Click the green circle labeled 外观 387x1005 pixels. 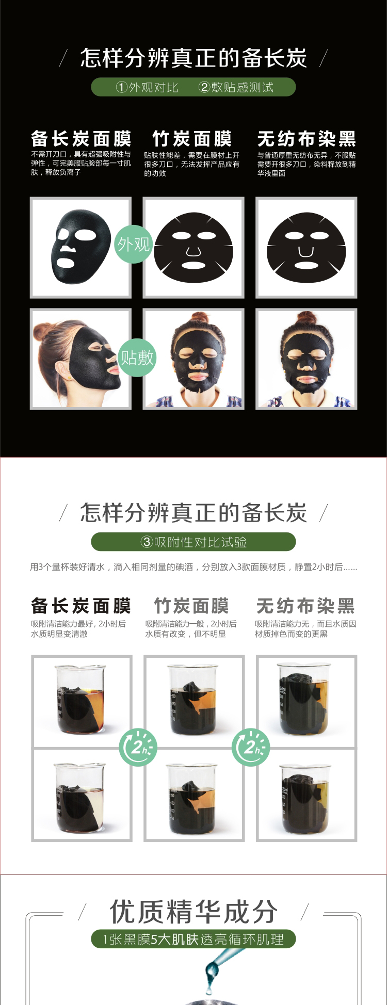pyautogui.click(x=133, y=244)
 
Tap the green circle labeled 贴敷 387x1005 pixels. pyautogui.click(x=137, y=357)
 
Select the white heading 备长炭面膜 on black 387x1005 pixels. pyautogui.click(x=81, y=139)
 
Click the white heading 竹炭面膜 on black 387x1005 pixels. pyautogui.click(x=192, y=139)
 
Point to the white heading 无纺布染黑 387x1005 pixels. pyautogui.click(x=307, y=139)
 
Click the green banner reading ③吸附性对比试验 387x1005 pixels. pyautogui.click(x=193, y=542)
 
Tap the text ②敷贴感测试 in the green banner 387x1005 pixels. pyautogui.click(x=236, y=87)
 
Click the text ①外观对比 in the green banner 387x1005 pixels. pyautogui.click(x=147, y=87)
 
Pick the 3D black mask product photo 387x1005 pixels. pyautogui.click(x=81, y=247)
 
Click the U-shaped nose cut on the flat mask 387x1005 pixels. pyautogui.click(x=306, y=252)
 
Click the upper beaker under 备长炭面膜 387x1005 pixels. pyautogui.click(x=80, y=700)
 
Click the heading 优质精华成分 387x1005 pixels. pyautogui.click(x=193, y=912)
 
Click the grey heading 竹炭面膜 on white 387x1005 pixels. pyautogui.click(x=191, y=605)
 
